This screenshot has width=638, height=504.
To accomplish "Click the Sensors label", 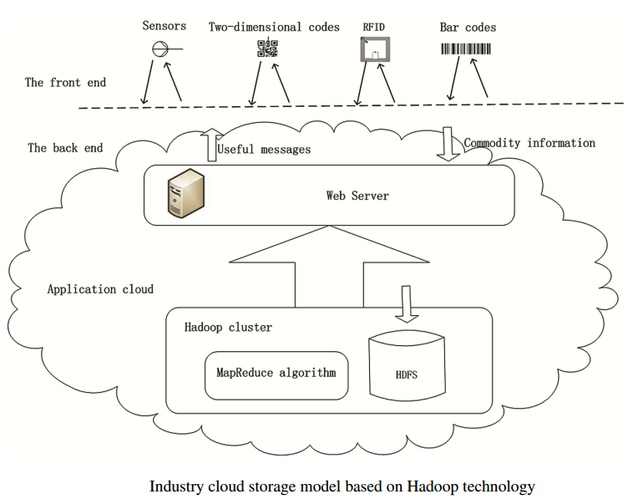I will coord(164,26).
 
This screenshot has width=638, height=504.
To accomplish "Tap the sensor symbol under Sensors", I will coord(160,50).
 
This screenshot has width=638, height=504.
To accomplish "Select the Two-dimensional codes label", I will coord(274,27).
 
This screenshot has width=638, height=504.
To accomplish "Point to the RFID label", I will coord(373,27).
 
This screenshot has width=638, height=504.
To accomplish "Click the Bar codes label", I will coord(468,27).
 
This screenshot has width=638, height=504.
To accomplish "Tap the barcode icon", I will coord(466,49).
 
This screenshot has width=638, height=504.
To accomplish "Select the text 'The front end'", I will coord(65,82).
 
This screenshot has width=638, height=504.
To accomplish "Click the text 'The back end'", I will coord(65,147).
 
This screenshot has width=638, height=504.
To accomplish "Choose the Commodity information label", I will coord(529,143).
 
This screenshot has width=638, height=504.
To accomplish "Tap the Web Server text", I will coord(357,196).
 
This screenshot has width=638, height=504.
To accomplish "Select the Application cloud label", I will coord(100,289).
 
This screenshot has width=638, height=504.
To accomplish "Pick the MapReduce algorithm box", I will coord(276,374).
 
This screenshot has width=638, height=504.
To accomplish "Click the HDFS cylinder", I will coord(406,368).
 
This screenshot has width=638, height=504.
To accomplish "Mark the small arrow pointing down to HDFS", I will coord(406,304).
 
